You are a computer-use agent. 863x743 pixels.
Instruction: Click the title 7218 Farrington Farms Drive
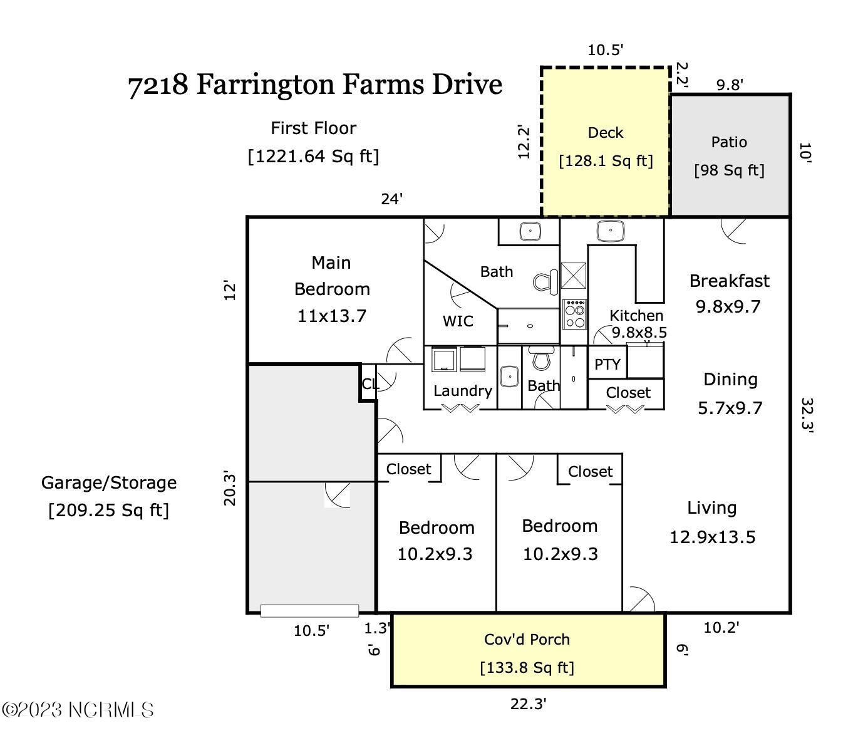click(x=315, y=85)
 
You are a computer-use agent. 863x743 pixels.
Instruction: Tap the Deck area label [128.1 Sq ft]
click(x=606, y=161)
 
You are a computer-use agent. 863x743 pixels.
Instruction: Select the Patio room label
click(x=729, y=142)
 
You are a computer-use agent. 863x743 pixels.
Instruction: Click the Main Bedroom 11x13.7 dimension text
click(x=331, y=316)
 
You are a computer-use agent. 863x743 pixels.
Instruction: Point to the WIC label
click(x=458, y=321)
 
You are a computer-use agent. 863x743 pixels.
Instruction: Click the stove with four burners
click(x=574, y=314)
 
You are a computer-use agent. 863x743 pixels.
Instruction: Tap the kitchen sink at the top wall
click(x=610, y=231)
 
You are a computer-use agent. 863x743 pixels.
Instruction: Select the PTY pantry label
click(x=607, y=365)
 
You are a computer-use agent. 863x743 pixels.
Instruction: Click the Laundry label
click(x=462, y=391)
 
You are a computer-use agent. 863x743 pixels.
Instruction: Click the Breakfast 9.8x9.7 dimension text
click(x=728, y=307)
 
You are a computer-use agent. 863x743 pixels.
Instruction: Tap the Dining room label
click(x=730, y=380)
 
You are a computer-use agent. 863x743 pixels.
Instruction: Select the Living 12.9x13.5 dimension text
click(x=712, y=538)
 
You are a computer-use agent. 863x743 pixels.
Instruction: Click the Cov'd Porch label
click(x=527, y=640)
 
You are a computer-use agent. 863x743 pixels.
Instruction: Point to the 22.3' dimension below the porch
click(x=528, y=704)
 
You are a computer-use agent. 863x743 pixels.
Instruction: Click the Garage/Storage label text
click(x=109, y=483)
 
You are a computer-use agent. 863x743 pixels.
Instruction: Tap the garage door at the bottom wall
click(x=309, y=611)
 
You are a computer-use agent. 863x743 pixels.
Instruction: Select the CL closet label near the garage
click(x=369, y=383)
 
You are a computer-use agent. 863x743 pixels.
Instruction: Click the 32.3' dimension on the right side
click(x=807, y=415)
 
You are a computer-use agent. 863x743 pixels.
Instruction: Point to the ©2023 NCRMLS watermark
click(x=78, y=710)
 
